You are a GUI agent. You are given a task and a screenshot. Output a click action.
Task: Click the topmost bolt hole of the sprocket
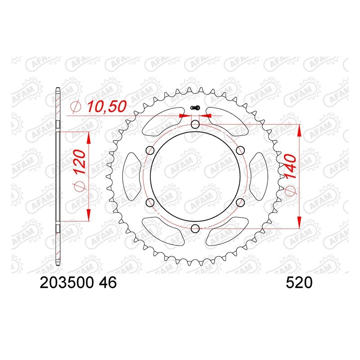(x=195, y=124)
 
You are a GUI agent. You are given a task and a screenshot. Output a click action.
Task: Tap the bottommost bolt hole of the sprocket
(x=195, y=229)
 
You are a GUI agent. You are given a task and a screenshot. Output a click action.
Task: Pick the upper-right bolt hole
(x=240, y=151)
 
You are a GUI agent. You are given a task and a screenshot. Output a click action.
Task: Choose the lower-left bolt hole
(x=150, y=202)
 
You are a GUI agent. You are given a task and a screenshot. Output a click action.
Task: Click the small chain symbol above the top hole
(x=195, y=108)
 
